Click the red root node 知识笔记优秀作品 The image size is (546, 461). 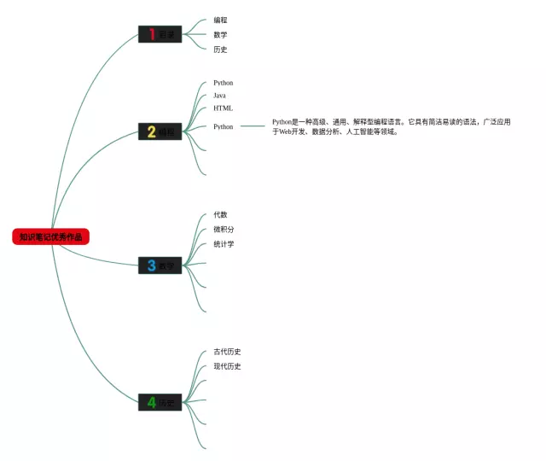51,236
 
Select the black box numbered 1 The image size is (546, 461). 160,34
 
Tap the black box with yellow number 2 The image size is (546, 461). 160,131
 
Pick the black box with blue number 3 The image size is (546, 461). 160,266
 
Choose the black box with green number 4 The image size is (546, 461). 160,402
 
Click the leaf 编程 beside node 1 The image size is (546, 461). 220,20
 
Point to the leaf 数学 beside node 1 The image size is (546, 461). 220,35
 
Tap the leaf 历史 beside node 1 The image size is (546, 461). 220,50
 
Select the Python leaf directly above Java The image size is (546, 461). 223,83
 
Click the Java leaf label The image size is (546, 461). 219,96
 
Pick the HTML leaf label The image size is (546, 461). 223,108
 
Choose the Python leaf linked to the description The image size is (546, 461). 223,126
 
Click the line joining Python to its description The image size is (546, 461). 253,126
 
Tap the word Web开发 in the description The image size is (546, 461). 294,132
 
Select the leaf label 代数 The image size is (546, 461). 220,214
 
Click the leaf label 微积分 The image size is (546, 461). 224,230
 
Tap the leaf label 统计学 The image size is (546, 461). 224,244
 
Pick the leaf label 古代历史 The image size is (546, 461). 227,352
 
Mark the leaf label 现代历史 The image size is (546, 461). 227,366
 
